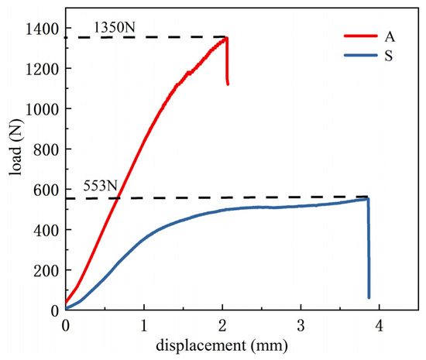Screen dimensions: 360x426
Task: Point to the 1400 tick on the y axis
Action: click(46, 29)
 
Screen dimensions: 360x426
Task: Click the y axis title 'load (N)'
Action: click(15, 166)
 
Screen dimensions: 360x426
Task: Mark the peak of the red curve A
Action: click(226, 37)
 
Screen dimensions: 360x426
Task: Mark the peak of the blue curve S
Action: click(367, 198)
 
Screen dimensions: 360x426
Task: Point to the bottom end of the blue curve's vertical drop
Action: click(369, 297)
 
